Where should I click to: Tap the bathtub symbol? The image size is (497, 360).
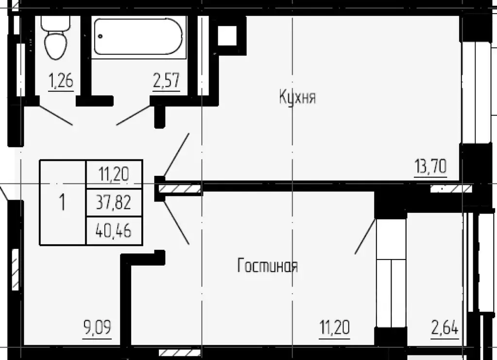[137, 36]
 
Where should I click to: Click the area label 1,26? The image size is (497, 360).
[61, 81]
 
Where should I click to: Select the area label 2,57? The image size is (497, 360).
[167, 81]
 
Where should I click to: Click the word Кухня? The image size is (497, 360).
[297, 97]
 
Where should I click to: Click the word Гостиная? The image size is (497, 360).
[267, 266]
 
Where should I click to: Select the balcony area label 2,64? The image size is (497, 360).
[445, 328]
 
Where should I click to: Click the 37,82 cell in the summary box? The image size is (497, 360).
[114, 203]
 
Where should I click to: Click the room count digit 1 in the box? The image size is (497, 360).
[62, 202]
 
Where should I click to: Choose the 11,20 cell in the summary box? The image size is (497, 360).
[114, 173]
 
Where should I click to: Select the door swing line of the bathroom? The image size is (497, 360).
[134, 115]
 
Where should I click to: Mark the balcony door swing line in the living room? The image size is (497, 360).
[365, 237]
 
